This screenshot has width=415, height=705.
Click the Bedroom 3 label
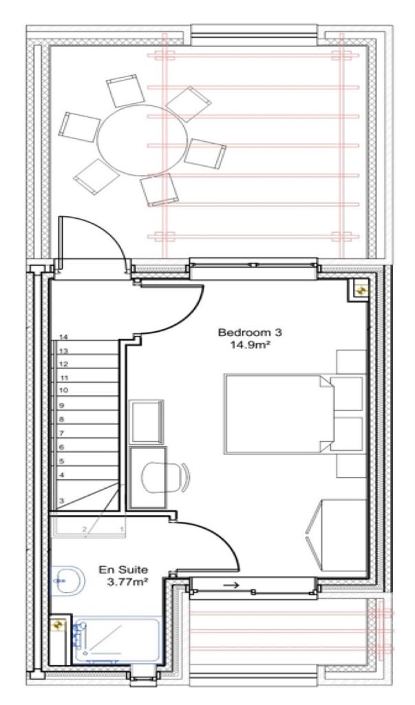[240, 332]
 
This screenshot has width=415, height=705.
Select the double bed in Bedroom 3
[279, 413]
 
